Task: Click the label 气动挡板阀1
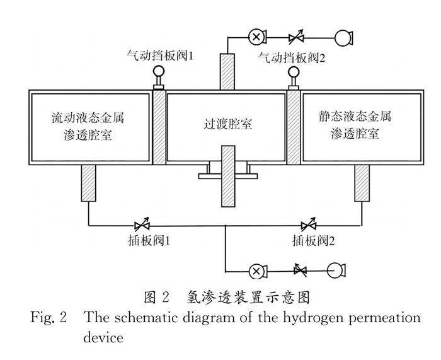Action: click(x=159, y=56)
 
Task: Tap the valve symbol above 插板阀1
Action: click(x=142, y=224)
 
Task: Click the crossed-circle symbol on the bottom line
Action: click(x=256, y=271)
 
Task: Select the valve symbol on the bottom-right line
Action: click(x=301, y=271)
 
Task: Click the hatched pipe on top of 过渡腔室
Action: click(x=226, y=72)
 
